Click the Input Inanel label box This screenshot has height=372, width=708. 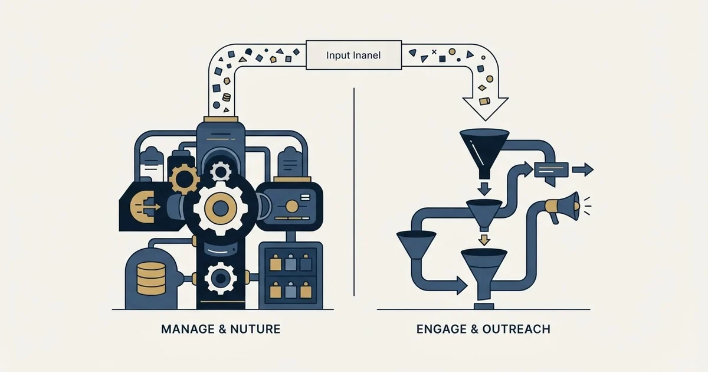coord(353,55)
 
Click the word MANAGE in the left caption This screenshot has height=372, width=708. coord(188,329)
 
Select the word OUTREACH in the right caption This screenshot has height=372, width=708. coord(516,329)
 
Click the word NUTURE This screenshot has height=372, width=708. coord(255,329)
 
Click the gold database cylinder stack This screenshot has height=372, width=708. coord(151,278)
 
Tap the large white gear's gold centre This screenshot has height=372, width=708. coord(220,208)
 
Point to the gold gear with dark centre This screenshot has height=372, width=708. coord(184,179)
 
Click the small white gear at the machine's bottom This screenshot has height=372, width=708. coord(220,278)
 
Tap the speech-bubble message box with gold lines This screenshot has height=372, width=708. coord(551,171)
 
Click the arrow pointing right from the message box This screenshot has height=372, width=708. coord(583,169)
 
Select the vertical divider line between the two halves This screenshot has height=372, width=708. coord(354,192)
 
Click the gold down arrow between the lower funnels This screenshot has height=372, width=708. coord(484,240)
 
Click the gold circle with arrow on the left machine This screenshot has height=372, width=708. coord(142,207)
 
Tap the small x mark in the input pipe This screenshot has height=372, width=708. coord(434,52)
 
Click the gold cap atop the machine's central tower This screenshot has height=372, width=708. coord(221,119)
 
